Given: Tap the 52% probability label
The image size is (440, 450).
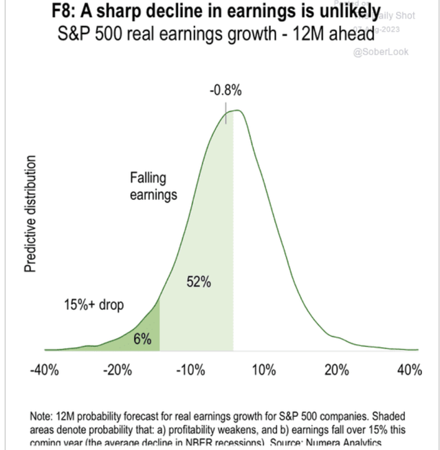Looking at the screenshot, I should coord(199,282).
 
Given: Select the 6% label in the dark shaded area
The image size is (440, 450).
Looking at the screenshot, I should coord(142,338).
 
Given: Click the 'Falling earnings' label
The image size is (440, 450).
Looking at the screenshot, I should coord(153,186).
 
